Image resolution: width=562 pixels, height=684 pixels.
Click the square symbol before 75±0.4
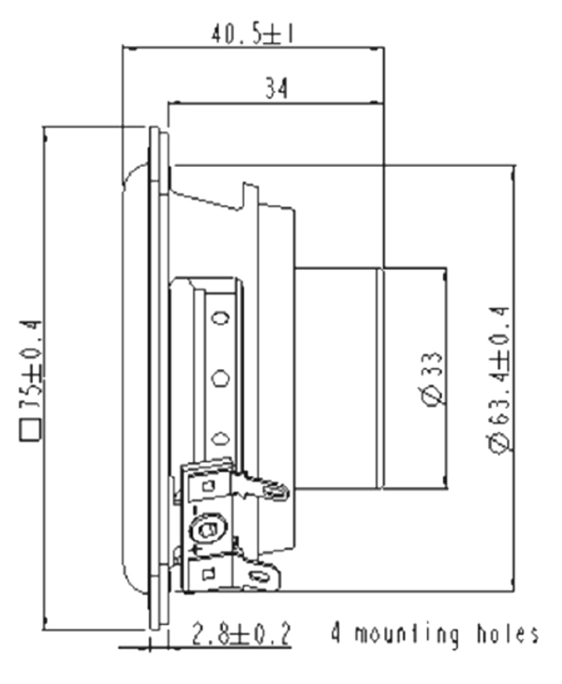click(x=31, y=430)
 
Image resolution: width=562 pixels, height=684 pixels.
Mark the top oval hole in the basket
click(x=221, y=319)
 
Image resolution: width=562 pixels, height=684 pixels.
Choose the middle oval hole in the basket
click(x=221, y=379)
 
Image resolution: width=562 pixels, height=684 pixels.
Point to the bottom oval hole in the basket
click(x=221, y=439)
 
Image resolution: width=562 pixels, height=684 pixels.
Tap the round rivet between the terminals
click(x=212, y=529)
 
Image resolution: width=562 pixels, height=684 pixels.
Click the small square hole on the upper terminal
click(x=210, y=486)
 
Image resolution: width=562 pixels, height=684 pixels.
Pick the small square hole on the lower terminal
click(x=210, y=572)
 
